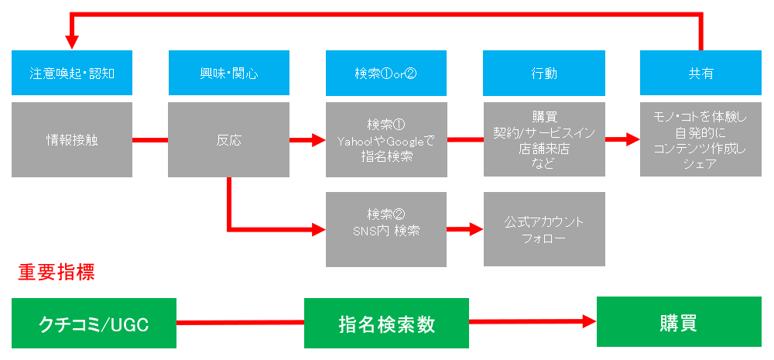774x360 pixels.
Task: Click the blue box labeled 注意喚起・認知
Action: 72,73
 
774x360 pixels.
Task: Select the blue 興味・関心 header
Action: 229,73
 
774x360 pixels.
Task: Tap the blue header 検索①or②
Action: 386,73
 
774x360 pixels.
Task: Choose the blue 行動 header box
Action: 544,73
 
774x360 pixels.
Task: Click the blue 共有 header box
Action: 700,73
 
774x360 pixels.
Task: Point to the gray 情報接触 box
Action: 72,140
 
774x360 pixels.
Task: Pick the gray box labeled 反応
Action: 229,140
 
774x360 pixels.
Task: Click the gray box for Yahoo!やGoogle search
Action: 386,140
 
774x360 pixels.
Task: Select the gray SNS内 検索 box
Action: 386,229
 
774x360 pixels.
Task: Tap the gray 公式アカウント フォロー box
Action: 544,229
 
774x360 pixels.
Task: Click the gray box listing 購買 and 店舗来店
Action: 544,140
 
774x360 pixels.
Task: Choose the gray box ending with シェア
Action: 700,140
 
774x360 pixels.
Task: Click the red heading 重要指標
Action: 56,273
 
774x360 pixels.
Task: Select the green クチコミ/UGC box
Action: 94,324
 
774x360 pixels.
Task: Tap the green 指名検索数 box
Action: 386,324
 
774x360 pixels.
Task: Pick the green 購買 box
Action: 679,321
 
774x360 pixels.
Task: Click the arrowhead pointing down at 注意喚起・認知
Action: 72,43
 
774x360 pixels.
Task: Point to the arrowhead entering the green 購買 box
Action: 590,322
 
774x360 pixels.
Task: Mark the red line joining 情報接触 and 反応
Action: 151,140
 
